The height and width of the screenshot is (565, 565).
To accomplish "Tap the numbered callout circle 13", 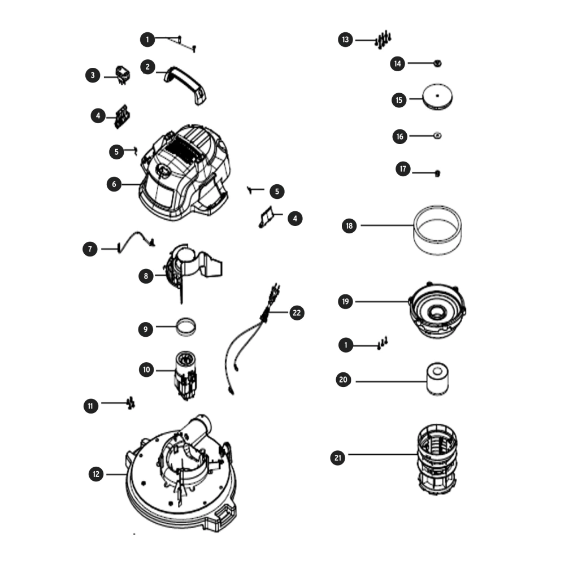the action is [346, 40].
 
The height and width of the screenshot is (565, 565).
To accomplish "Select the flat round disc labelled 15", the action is [437, 97].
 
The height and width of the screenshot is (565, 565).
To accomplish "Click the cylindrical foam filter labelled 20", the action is [437, 379].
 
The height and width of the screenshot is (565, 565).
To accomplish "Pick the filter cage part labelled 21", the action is [437, 459].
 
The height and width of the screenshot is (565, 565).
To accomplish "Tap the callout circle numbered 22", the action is [297, 313].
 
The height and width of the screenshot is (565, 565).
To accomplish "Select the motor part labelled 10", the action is [186, 376].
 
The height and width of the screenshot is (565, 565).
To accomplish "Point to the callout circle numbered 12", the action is [96, 474].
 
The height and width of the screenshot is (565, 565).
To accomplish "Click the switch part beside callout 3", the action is [123, 75].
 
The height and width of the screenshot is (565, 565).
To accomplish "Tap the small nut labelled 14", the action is [437, 64].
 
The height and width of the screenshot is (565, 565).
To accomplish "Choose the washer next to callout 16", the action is [437, 136].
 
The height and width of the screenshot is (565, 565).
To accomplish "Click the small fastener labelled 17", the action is [437, 173].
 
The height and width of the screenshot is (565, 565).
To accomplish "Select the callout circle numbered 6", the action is [114, 184].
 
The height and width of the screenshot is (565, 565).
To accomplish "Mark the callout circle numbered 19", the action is [346, 301].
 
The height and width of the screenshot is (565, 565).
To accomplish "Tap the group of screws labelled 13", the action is [383, 40].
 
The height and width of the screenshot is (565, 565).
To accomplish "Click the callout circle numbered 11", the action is [91, 406].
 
